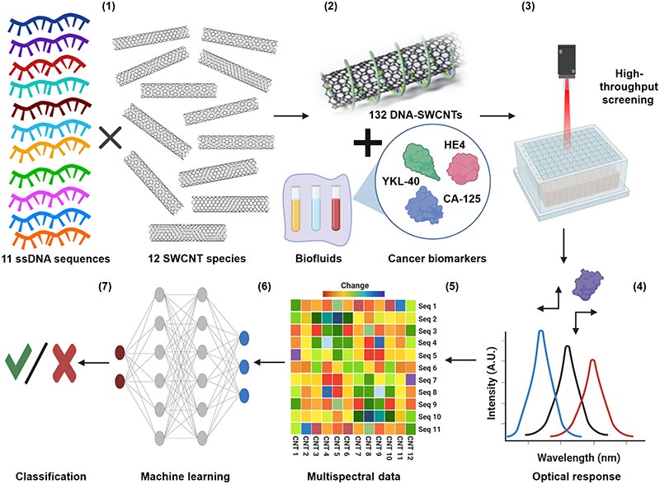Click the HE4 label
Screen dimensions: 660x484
pos(455,145)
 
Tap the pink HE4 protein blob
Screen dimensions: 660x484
pos(463,169)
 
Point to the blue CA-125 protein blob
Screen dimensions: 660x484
pos(424,205)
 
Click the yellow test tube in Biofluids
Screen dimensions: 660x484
pos(296,209)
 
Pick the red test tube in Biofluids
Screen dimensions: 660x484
pos(336,209)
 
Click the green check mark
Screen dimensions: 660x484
pos(18,361)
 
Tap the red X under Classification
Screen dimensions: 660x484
pos(64,363)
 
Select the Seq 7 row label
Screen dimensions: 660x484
pos(427,380)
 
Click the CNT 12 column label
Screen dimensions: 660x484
pos(410,449)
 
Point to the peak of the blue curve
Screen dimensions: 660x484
pos(541,331)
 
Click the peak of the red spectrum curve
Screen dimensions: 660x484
pos(592,360)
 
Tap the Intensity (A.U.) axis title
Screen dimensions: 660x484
pos(491,383)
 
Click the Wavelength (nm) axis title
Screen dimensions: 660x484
pos(578,457)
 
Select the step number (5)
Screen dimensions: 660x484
pos(452,286)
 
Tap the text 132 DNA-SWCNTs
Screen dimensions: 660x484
pos(416,115)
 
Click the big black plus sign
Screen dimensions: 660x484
pos(368,143)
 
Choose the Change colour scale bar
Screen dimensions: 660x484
pos(354,294)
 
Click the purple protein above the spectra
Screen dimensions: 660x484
pos(587,284)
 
